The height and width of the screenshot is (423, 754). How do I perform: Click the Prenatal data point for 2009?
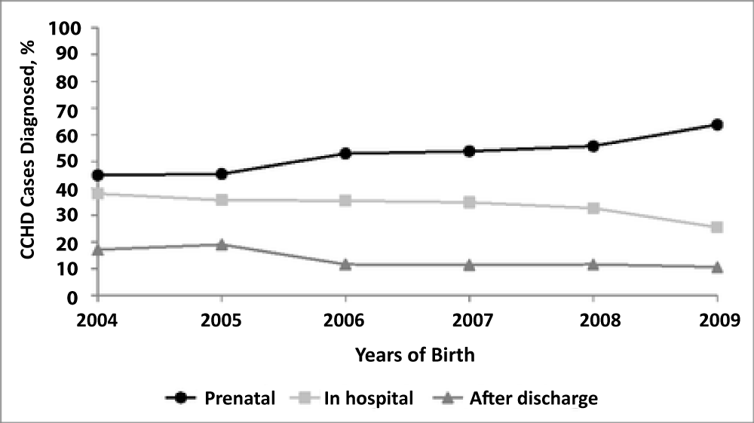(x=717, y=125)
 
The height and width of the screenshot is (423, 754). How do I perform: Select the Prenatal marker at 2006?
(x=345, y=154)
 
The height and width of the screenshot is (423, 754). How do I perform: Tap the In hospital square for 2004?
(x=97, y=194)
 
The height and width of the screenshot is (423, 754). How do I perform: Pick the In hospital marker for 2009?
(x=717, y=227)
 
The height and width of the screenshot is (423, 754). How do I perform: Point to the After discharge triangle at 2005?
(x=221, y=244)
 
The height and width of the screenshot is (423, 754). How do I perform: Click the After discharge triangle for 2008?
(x=593, y=265)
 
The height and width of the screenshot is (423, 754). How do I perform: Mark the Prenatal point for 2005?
(x=221, y=174)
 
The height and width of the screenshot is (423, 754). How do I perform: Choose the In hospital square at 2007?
(x=469, y=202)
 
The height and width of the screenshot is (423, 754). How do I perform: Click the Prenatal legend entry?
(x=220, y=398)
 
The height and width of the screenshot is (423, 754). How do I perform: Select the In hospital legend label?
(x=369, y=398)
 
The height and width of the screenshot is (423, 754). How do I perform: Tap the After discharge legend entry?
(x=534, y=398)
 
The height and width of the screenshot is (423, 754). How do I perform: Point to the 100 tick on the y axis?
(x=64, y=29)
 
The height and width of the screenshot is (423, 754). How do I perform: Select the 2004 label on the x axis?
(x=97, y=320)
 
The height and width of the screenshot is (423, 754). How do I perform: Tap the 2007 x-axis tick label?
(x=473, y=320)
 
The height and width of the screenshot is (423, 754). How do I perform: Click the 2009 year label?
(x=719, y=320)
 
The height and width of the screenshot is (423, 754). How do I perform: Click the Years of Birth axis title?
(x=415, y=355)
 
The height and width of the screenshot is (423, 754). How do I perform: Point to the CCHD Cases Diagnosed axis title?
(x=28, y=150)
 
